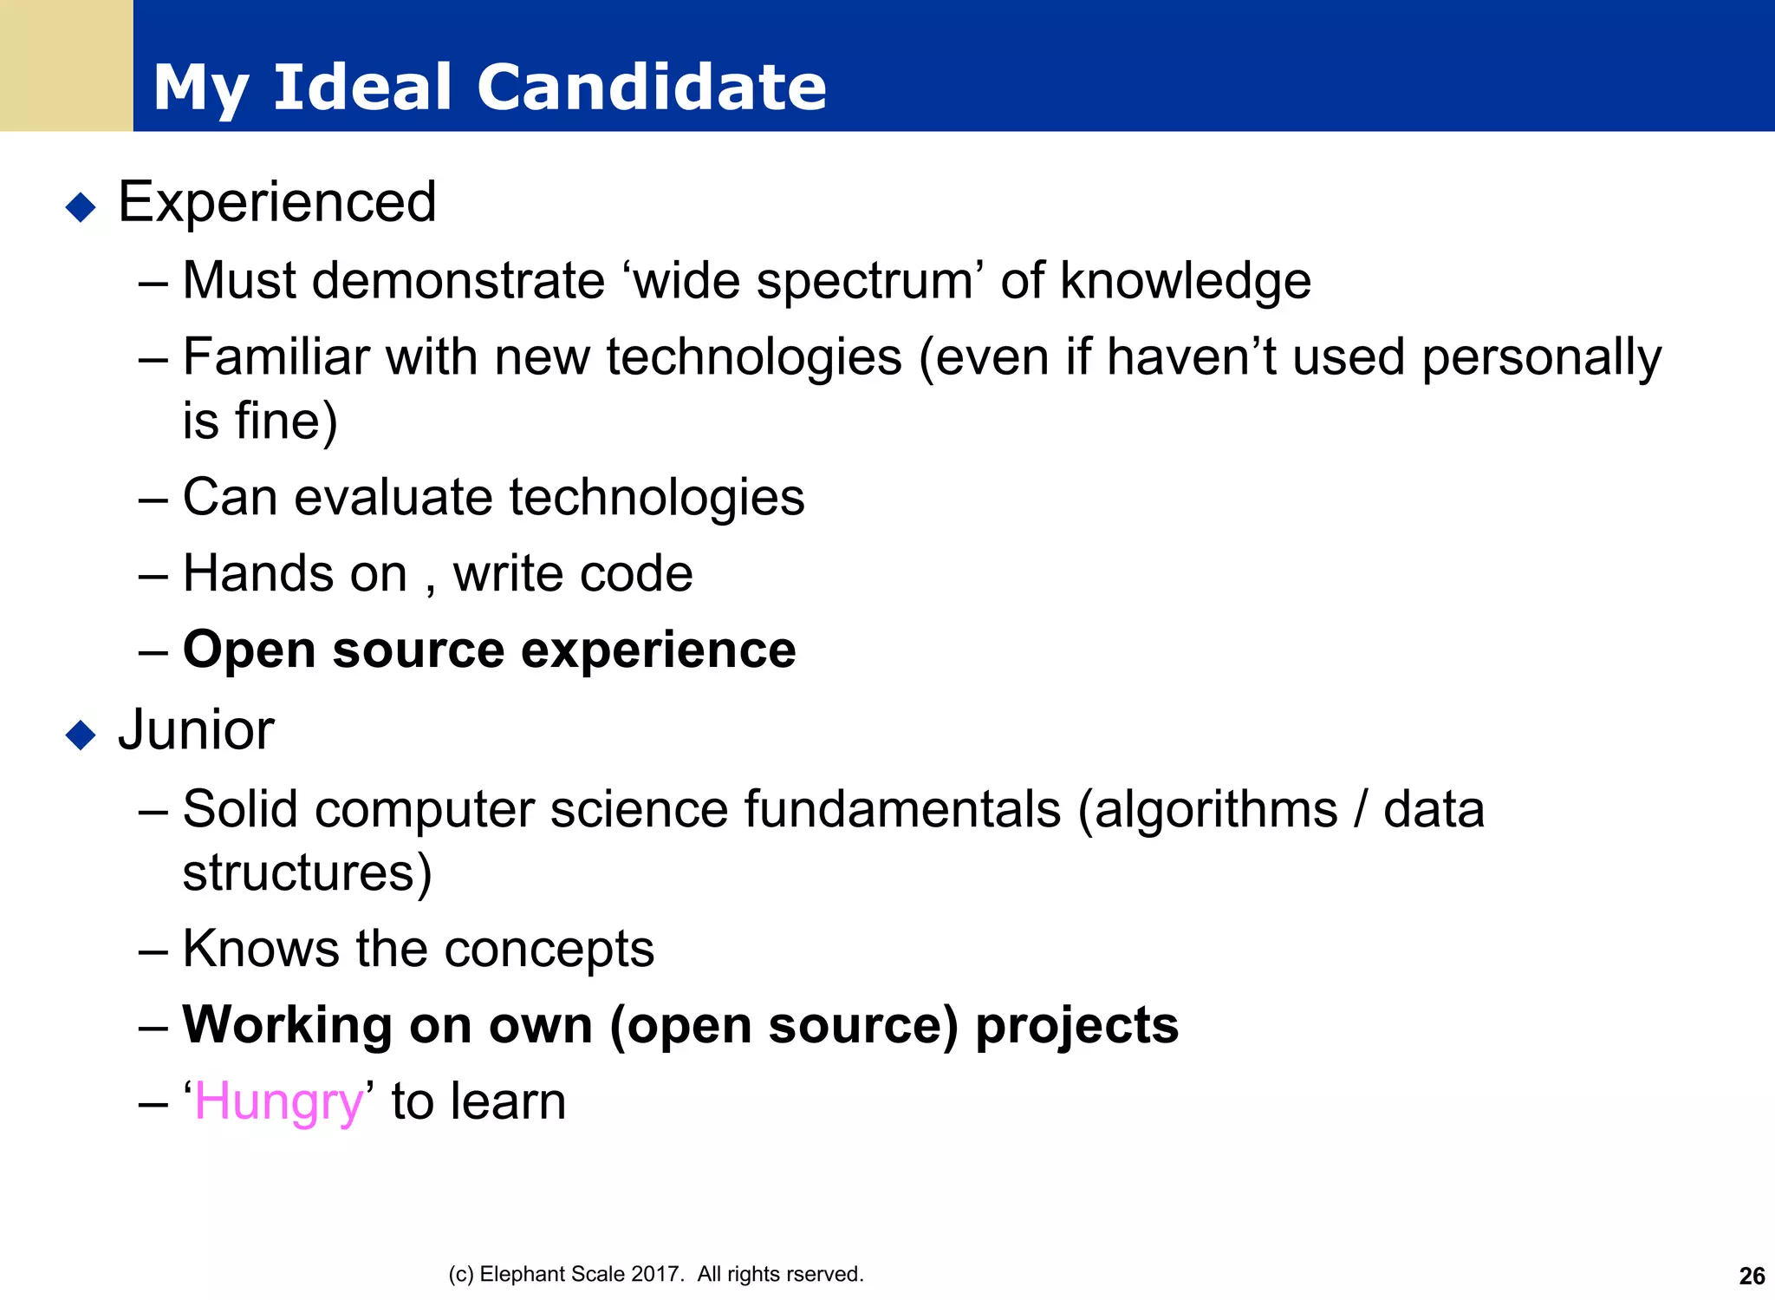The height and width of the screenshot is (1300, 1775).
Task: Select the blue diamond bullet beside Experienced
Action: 81,207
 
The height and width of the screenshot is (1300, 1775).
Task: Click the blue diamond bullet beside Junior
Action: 81,735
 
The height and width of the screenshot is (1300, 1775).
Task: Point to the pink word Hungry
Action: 278,1103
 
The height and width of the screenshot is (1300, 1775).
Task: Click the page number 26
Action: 1752,1276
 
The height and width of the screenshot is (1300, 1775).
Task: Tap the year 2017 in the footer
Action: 656,1274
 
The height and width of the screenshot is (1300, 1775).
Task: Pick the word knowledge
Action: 1185,281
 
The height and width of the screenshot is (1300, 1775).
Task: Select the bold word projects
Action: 1076,1027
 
